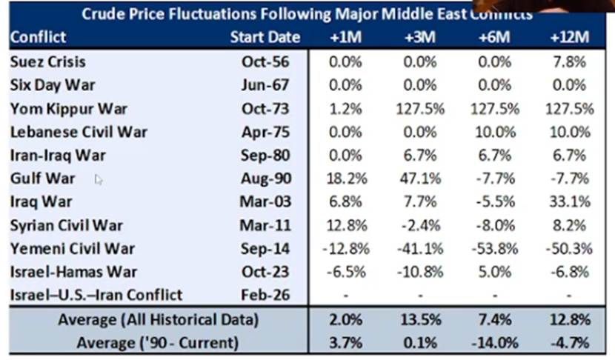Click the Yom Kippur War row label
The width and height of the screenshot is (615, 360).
[x=69, y=109]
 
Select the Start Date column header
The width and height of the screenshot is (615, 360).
[x=265, y=37]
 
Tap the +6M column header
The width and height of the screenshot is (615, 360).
[x=493, y=37]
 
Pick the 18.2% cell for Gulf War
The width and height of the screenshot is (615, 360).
[x=346, y=179]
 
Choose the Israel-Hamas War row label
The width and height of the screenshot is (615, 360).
[x=74, y=271]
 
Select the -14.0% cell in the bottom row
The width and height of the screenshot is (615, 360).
[x=493, y=342]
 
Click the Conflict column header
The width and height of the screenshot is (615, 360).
[x=39, y=37]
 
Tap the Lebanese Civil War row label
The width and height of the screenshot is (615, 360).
[x=79, y=132]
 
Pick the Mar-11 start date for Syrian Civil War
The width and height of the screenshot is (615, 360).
[x=265, y=225]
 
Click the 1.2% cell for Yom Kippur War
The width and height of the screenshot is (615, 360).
[x=346, y=109]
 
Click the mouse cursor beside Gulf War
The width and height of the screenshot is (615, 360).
[x=99, y=179]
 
